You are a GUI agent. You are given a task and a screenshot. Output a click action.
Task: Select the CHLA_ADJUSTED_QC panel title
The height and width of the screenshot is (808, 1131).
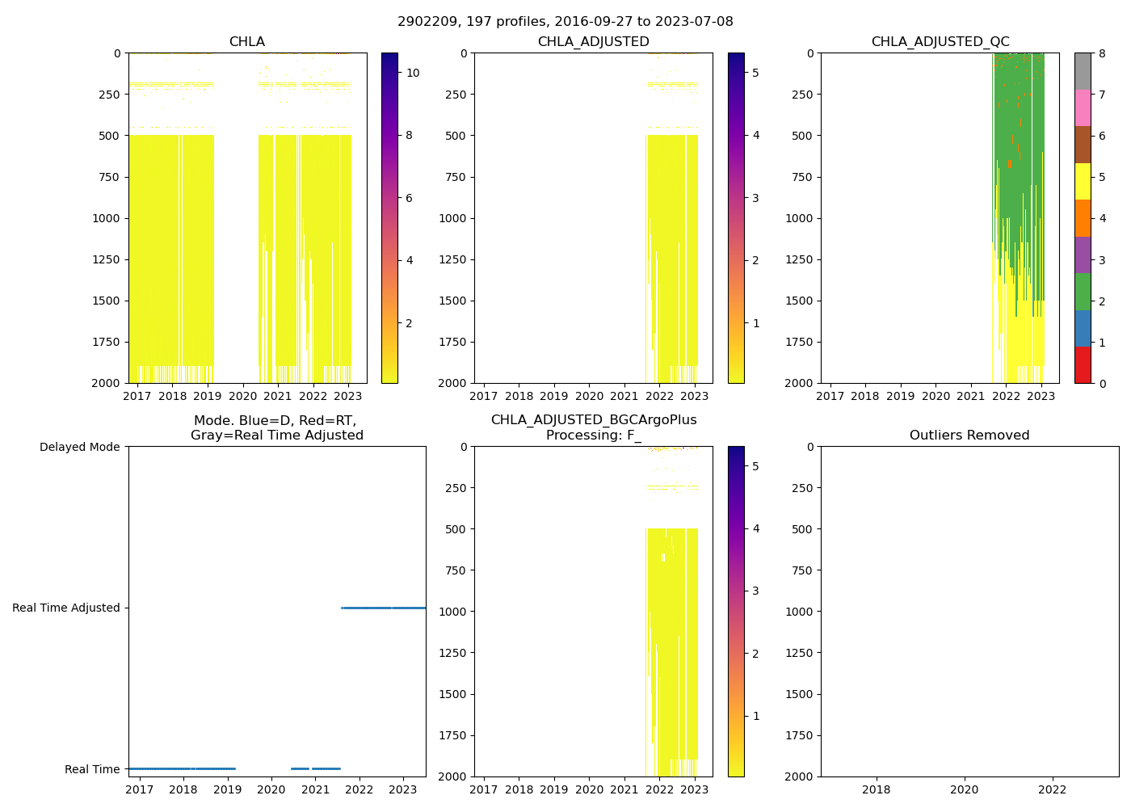pos(940,42)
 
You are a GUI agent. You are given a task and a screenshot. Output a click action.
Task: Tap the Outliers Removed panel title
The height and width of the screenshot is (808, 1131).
pos(969,436)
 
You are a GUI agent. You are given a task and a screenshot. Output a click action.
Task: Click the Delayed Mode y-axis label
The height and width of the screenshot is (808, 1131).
pos(79,447)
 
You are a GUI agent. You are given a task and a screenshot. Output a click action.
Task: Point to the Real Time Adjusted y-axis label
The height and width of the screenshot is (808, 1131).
pos(66,608)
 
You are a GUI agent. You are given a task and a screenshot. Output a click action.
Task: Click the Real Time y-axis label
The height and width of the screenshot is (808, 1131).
pos(92,769)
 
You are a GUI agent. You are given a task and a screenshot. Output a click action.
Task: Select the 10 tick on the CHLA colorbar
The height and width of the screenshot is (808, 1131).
pos(412,73)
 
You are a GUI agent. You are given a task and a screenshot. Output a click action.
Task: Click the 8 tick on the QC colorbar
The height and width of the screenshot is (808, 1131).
pos(1100,53)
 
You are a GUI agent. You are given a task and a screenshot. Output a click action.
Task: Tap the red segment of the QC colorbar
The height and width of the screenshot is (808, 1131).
pos(1083,364)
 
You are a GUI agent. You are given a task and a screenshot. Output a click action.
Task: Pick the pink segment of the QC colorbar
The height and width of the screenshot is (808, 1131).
pos(1083,107)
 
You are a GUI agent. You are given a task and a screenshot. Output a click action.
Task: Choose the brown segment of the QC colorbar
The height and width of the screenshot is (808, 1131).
pos(1083,145)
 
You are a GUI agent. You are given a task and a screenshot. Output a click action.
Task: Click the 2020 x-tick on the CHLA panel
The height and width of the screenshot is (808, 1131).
pos(242,396)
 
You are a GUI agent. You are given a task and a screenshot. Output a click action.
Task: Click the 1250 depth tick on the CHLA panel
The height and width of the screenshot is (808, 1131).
pos(107,259)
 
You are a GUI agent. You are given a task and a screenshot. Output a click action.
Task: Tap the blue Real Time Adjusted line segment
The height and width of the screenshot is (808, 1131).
pos(384,608)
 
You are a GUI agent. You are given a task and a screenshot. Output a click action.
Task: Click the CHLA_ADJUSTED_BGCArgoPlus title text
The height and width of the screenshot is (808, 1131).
pos(594,420)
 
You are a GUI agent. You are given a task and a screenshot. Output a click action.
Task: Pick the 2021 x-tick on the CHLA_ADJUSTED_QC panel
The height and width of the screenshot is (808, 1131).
pos(971,396)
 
